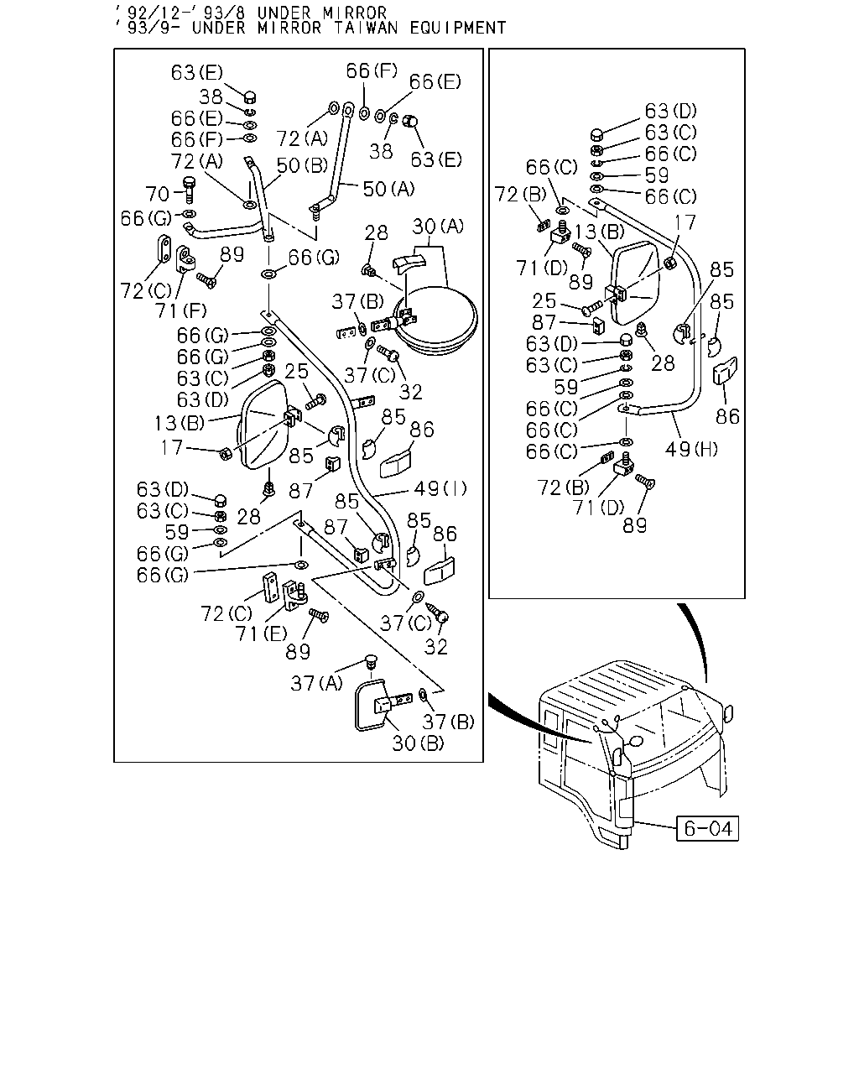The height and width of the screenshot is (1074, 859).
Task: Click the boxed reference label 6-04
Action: click(707, 828)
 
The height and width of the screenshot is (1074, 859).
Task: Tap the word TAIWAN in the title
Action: click(366, 28)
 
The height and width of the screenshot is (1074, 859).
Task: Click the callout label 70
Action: click(157, 194)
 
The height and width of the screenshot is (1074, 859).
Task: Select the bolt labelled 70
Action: click(190, 189)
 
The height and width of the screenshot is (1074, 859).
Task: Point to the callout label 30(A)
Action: click(438, 227)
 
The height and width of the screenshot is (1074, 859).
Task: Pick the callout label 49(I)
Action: click(440, 488)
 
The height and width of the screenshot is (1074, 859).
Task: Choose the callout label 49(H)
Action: click(690, 449)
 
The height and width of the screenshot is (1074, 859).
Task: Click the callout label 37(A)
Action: click(316, 683)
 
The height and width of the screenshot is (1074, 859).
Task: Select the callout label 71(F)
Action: click(180, 311)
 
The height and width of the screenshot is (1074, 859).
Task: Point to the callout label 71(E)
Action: click(261, 633)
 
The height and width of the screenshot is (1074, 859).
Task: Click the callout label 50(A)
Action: click(388, 189)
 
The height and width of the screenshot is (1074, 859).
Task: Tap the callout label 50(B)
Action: click(302, 165)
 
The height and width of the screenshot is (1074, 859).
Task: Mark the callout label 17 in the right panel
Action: click(685, 222)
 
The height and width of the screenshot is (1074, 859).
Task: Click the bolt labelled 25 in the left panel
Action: click(316, 401)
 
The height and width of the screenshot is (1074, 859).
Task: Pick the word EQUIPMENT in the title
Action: click(458, 28)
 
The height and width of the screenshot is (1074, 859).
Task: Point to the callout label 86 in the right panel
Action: click(727, 417)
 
